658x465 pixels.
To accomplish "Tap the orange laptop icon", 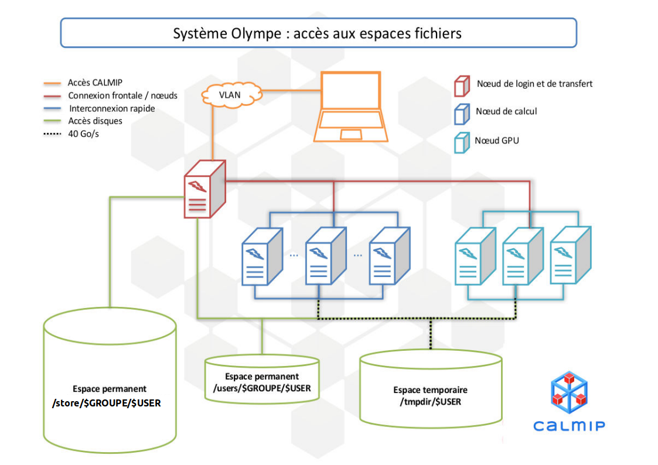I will [x=350, y=108].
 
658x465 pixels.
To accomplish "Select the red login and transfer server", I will [x=203, y=190].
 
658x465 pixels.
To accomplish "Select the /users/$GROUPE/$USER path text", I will [x=261, y=389].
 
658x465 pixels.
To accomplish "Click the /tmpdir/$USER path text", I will [x=430, y=402].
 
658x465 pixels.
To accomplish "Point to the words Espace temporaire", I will [x=430, y=390].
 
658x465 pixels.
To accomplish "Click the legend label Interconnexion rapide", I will [x=111, y=108].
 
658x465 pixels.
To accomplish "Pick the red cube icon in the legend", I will [x=462, y=86].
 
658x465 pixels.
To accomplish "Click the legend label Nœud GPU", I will [x=496, y=141].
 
